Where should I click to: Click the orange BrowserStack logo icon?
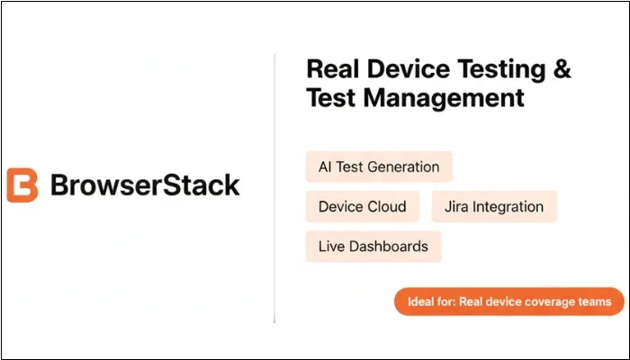22,185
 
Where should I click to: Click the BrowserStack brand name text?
145,185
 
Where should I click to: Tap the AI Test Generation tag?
379,166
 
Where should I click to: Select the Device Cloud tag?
362,207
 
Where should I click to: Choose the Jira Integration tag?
494,207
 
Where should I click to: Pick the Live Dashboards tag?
373,246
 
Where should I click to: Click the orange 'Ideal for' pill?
508,302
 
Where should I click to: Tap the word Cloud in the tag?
386,207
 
